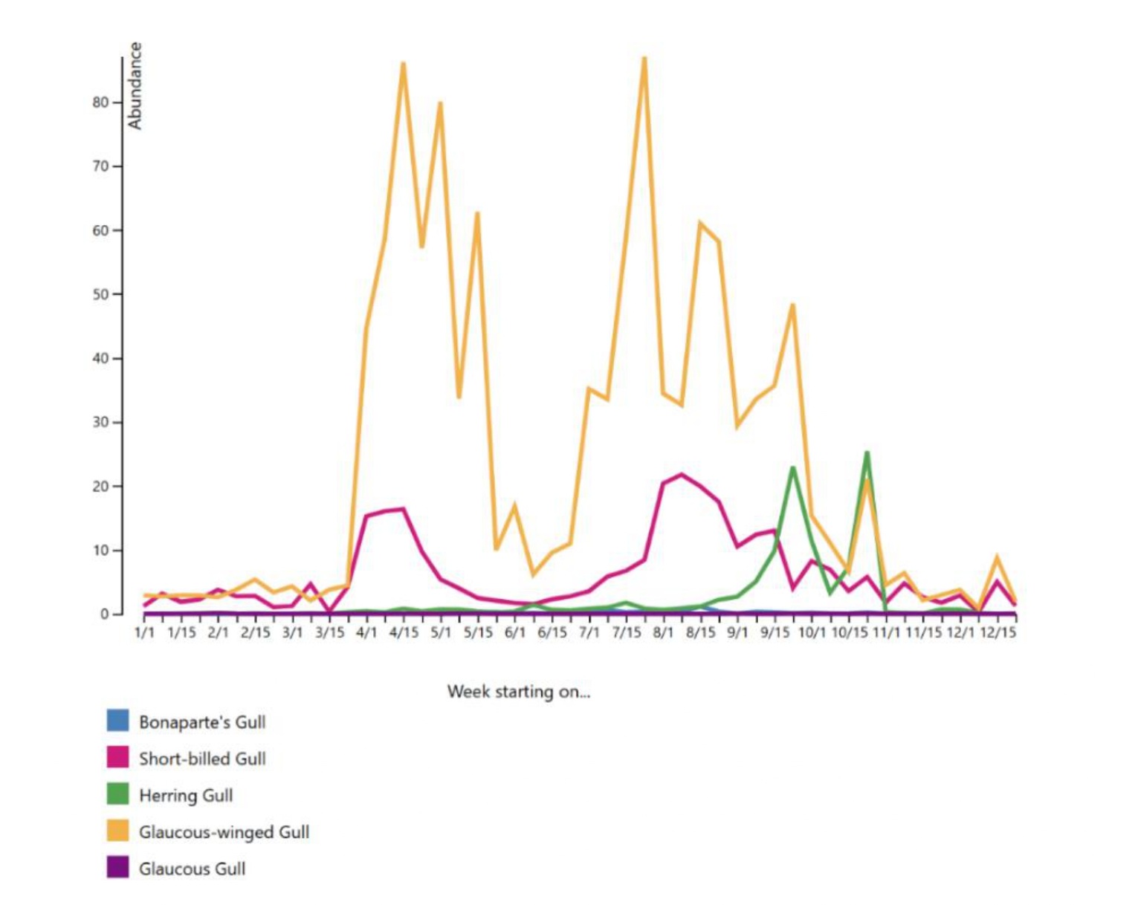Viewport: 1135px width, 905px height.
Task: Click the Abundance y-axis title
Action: tap(135, 85)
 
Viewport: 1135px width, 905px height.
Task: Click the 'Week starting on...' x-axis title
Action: tap(518, 692)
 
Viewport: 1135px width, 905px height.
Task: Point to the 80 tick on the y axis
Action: tap(101, 103)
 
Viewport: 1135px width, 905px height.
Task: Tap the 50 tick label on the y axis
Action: tap(101, 294)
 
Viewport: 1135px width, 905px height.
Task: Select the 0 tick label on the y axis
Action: tap(105, 614)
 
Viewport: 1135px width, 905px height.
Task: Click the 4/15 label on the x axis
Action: tap(404, 632)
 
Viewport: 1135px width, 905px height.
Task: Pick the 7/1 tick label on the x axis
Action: tap(589, 632)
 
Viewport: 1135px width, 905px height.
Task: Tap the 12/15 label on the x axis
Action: tap(997, 632)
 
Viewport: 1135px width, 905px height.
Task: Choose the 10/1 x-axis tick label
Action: tap(812, 632)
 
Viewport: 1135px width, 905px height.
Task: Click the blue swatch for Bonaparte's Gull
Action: tap(117, 721)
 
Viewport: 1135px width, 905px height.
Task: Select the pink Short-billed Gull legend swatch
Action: tap(117, 757)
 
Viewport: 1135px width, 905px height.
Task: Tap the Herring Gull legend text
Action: tap(186, 796)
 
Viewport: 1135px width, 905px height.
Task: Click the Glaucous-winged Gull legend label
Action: tap(224, 832)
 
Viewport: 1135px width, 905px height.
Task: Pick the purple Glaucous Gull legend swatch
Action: tap(117, 867)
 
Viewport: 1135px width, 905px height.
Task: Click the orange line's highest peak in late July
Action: tap(644, 58)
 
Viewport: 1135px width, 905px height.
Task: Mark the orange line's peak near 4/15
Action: tap(404, 63)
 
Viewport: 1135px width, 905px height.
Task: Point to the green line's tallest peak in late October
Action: tap(867, 452)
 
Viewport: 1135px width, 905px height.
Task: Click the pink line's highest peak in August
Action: tap(682, 474)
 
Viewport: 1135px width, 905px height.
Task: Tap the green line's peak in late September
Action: tap(793, 467)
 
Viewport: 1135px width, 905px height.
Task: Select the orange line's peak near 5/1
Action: tap(441, 103)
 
